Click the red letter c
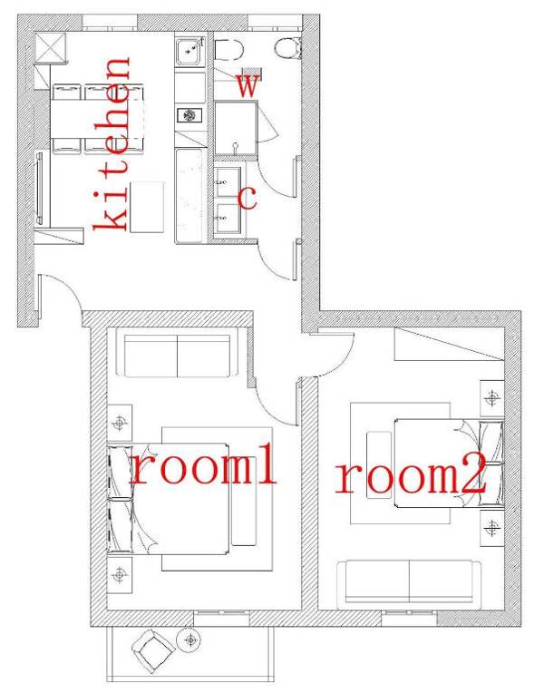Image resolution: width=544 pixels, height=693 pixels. click(x=246, y=197)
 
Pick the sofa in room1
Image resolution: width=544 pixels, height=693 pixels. click(x=179, y=356)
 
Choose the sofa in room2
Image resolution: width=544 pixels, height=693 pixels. click(x=409, y=583)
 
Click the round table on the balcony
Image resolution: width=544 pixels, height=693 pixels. click(x=191, y=640)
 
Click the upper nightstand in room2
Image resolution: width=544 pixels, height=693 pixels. click(x=491, y=398)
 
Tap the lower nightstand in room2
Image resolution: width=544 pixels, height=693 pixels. click(x=491, y=526)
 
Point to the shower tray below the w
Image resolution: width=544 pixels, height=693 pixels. click(x=235, y=128)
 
